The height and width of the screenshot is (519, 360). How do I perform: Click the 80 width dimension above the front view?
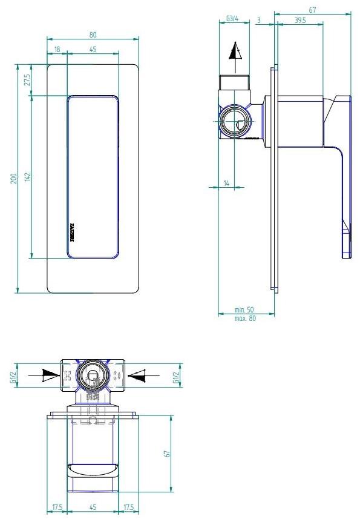tap(93, 34)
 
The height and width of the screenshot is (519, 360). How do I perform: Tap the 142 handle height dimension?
tap(27, 177)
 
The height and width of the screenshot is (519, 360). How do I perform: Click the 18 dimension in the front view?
tap(57, 48)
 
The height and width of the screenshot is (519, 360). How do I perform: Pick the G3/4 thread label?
tap(231, 19)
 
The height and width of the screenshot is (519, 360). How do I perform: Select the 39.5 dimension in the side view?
tap(299, 20)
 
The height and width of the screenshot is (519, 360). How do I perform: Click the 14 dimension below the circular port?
tap(226, 183)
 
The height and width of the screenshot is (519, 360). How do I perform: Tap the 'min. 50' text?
tap(245, 310)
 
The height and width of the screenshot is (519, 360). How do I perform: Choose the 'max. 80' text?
tap(245, 319)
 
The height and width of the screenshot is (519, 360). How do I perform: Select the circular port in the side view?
tap(234, 122)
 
